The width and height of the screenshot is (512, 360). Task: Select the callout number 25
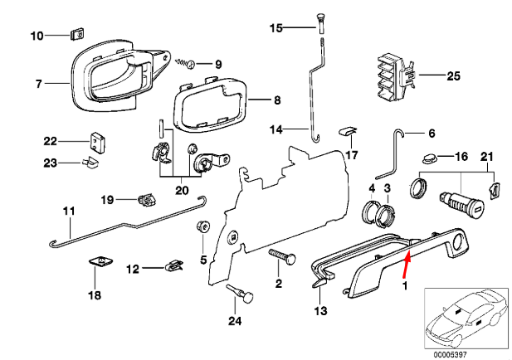(x=452, y=76)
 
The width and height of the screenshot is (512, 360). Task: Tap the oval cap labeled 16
(x=429, y=157)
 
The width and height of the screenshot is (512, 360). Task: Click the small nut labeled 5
(x=201, y=227)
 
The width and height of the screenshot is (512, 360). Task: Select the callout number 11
(x=68, y=210)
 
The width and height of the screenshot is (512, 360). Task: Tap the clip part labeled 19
(x=147, y=199)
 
